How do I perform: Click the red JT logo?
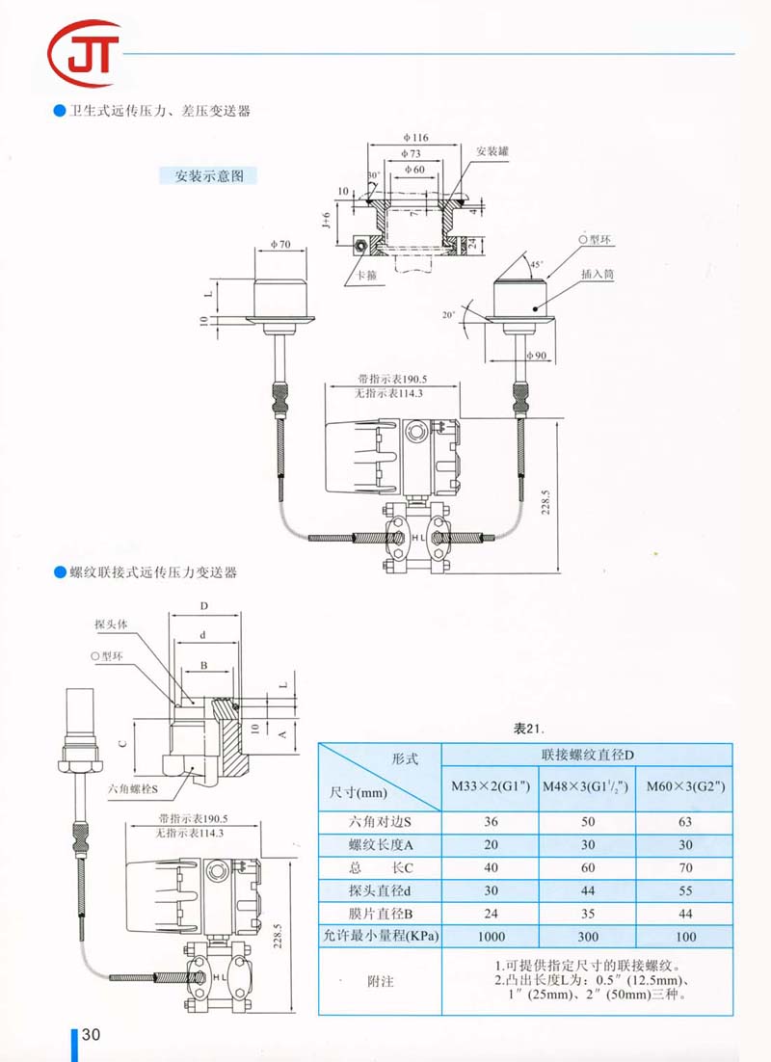[85, 53]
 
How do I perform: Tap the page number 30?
[91, 1035]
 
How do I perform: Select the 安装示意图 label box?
[208, 176]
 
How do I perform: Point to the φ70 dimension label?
[280, 245]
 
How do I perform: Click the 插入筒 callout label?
[597, 275]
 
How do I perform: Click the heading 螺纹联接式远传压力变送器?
[153, 571]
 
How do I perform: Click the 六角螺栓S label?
[133, 788]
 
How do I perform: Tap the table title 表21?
[530, 729]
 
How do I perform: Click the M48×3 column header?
[587, 786]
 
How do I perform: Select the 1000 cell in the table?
[490, 936]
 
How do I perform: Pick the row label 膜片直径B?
[380, 913]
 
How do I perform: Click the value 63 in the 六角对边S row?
[683, 822]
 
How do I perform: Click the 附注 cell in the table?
[380, 981]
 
